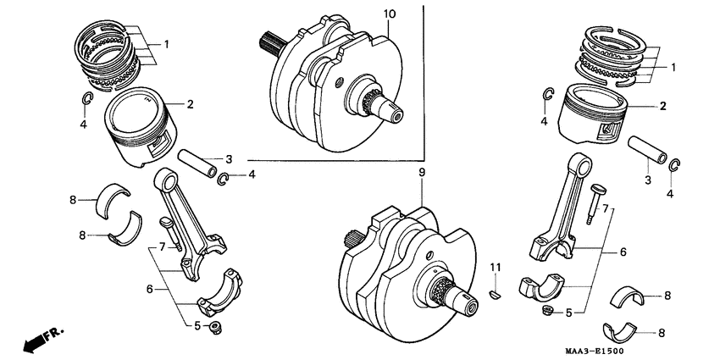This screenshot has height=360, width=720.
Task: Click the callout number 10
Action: pyautogui.click(x=389, y=14)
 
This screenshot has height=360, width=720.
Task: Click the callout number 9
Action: pyautogui.click(x=421, y=173)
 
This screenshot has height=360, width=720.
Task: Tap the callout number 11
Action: pyautogui.click(x=496, y=269)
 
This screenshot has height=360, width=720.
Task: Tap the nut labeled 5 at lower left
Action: pyautogui.click(x=216, y=326)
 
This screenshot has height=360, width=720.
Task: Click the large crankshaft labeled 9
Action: pyautogui.click(x=407, y=267)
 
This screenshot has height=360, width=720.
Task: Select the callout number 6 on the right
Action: pyautogui.click(x=623, y=252)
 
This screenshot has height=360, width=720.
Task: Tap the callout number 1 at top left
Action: pyautogui.click(x=166, y=43)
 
